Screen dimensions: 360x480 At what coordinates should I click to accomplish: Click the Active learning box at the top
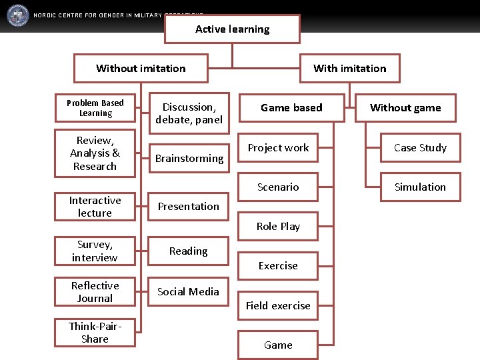point(232,29)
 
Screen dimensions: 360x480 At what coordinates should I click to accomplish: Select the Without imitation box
point(141,68)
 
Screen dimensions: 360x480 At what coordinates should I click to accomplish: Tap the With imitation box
point(349,68)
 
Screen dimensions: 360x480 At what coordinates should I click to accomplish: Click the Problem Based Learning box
point(95,108)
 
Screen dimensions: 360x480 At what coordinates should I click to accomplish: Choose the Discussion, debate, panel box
point(189,113)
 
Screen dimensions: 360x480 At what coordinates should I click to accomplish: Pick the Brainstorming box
point(189,158)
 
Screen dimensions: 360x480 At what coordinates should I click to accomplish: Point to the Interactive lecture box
point(95,207)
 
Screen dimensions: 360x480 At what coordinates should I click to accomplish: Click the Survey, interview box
point(95,251)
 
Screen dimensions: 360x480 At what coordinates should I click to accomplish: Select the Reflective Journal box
point(95,292)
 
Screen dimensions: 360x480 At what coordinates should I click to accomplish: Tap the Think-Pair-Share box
point(95,332)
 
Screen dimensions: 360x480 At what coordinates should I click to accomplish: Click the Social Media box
point(189,291)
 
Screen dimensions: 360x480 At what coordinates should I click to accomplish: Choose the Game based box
point(291,107)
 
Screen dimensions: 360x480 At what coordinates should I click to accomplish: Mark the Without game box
point(405,107)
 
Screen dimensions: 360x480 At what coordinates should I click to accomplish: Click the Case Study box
point(420,147)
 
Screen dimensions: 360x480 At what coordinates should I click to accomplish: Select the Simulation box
point(420,187)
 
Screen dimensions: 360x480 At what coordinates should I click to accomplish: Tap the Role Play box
point(278,226)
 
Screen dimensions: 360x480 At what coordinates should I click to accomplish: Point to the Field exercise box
point(278,305)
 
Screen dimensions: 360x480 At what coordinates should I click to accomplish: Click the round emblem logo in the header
point(17,15)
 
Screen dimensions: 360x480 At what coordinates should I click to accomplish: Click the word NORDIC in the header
point(45,15)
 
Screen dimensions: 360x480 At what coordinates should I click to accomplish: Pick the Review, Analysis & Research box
point(95,153)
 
